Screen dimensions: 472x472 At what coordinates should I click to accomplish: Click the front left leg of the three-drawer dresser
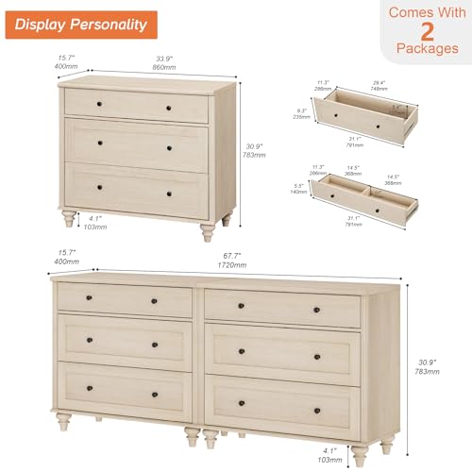point(69,221)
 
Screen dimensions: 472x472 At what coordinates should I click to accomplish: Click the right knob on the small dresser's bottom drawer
point(168,193)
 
